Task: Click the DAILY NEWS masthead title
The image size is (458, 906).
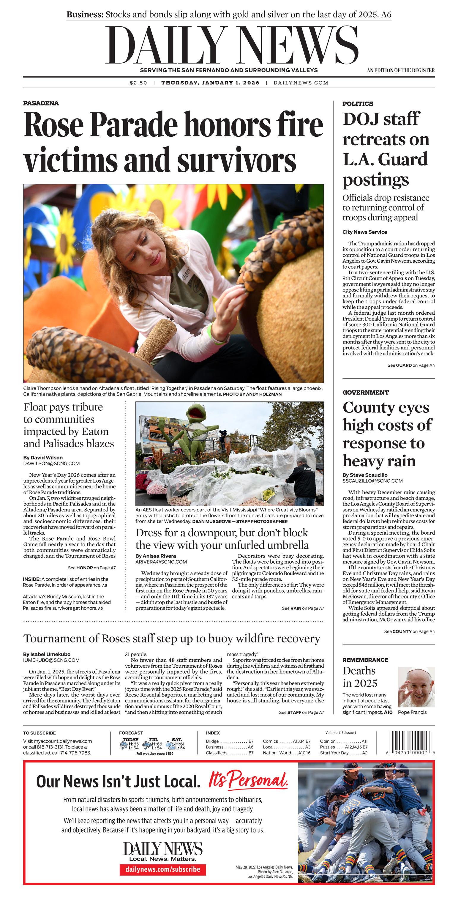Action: click(232, 46)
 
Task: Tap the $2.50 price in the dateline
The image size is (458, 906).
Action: click(138, 83)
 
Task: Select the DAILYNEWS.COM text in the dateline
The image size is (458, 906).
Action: click(301, 83)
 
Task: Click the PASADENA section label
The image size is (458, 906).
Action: click(41, 103)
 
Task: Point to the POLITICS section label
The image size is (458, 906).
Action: click(358, 104)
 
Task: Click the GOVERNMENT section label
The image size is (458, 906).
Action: click(365, 393)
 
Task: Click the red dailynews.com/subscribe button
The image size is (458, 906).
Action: click(163, 869)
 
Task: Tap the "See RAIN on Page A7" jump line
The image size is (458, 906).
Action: click(303, 608)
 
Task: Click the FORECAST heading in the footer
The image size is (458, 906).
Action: click(131, 733)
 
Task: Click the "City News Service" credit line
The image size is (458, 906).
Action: click(364, 232)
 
